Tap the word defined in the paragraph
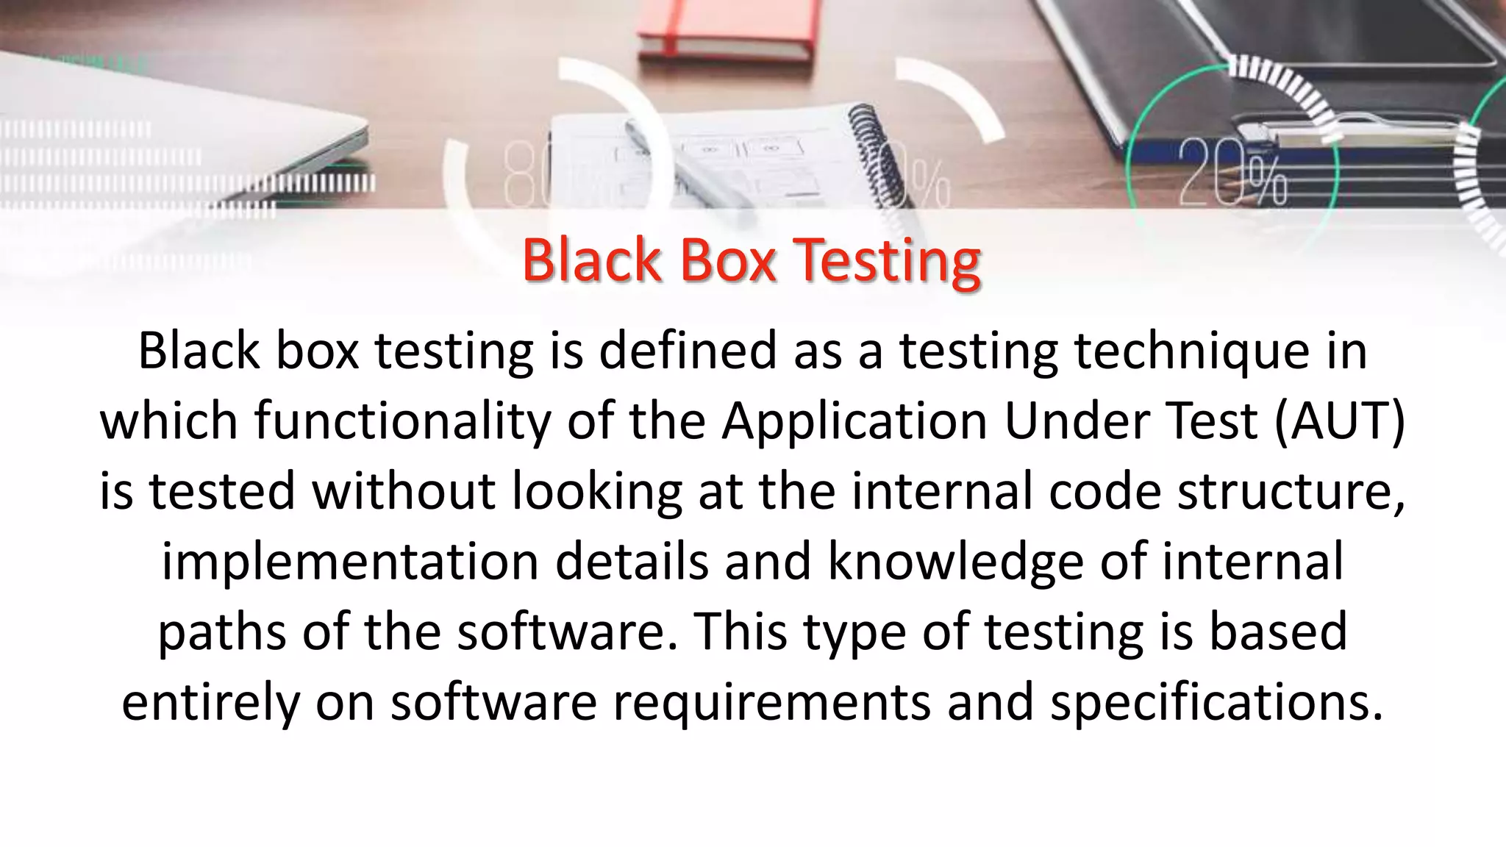coord(687,351)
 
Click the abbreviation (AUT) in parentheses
coord(1340,421)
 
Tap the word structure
coord(1291,491)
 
